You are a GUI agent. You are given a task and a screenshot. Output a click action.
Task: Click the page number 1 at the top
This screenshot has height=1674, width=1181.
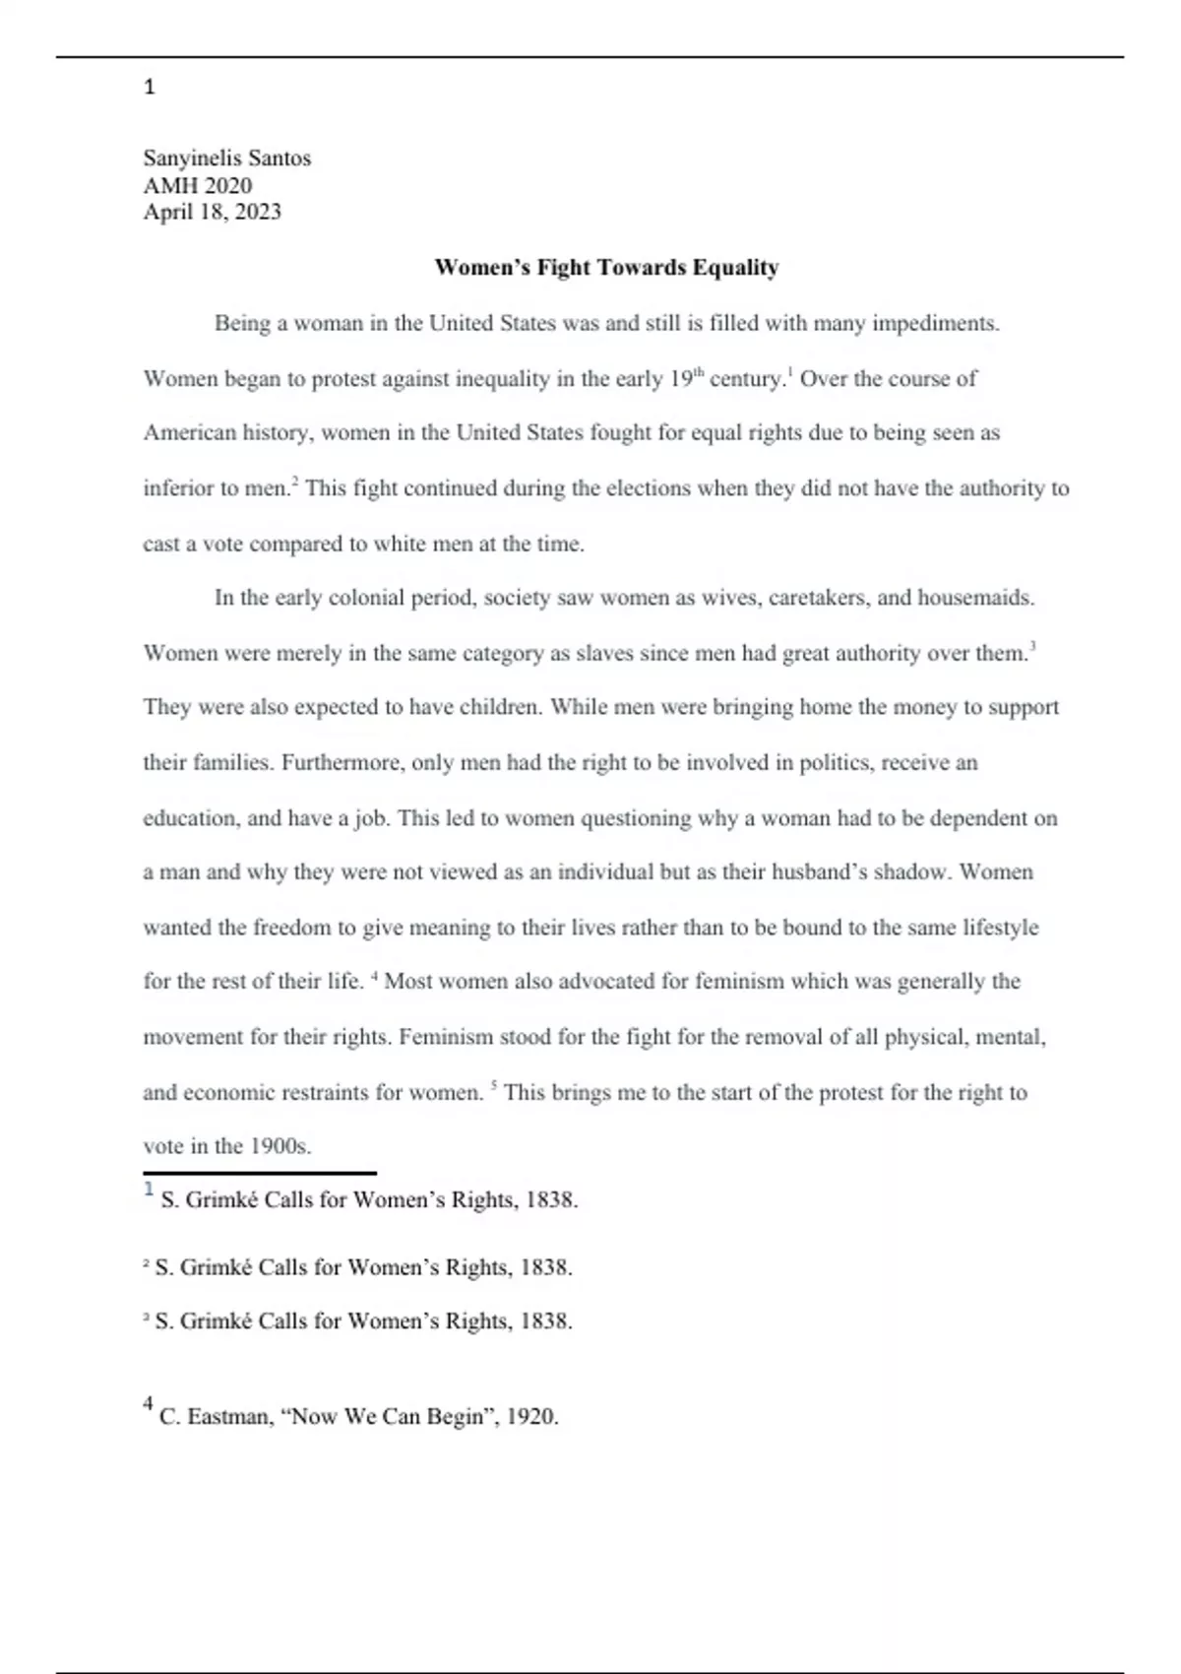(x=150, y=88)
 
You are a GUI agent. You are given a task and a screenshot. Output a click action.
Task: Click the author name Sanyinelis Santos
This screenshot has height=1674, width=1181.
(x=226, y=159)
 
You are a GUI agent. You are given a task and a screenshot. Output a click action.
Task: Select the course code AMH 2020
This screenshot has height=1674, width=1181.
(x=197, y=185)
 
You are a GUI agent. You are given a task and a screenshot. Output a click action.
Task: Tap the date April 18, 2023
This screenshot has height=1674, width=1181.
(x=212, y=212)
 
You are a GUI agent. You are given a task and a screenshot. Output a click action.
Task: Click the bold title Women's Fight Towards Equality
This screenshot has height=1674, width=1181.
(x=606, y=268)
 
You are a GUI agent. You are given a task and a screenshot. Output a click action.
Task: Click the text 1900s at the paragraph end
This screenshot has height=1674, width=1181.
(x=280, y=1146)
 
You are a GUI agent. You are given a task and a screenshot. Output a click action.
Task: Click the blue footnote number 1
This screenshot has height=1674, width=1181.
(x=149, y=1190)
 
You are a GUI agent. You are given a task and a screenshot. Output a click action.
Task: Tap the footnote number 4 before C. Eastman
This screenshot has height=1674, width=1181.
(x=148, y=1404)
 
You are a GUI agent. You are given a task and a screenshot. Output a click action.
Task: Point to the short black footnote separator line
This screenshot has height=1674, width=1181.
(x=260, y=1173)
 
